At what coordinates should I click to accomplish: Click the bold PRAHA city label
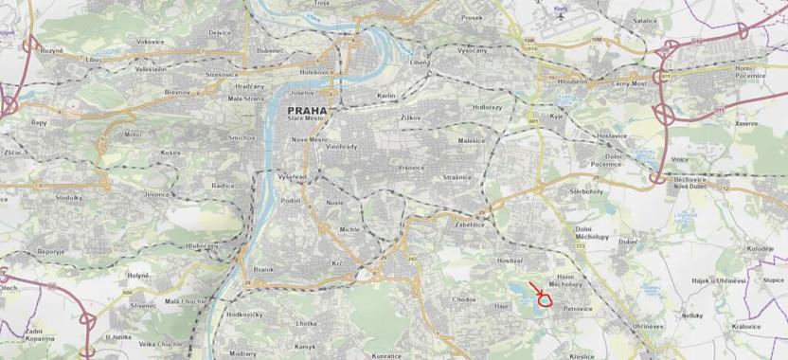305,111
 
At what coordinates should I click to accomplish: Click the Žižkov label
410,117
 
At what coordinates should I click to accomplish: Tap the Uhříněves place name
648,325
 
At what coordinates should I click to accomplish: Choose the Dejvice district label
220,33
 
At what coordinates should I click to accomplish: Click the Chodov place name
464,299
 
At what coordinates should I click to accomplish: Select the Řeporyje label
50,251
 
